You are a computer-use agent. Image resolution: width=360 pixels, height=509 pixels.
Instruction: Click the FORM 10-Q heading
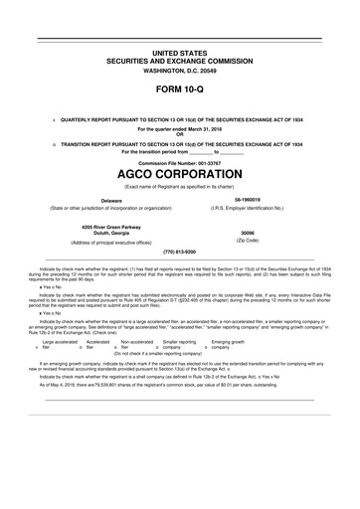(179, 89)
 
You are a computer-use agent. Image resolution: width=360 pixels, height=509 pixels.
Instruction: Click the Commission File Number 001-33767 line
(179, 163)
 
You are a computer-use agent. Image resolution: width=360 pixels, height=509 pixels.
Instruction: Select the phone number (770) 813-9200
(179, 253)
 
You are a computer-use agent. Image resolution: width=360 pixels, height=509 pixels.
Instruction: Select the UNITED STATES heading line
(179, 50)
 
